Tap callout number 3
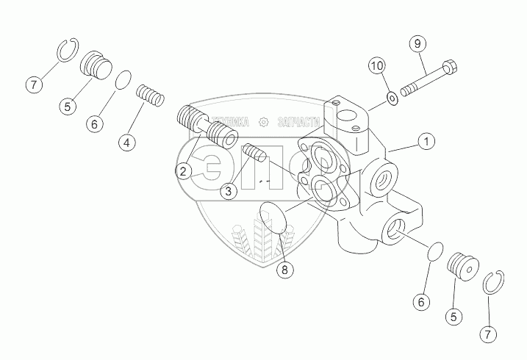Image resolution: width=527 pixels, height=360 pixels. pyautogui.click(x=229, y=190)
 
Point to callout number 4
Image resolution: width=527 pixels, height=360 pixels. pyautogui.click(x=128, y=143)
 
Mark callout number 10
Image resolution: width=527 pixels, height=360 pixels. pyautogui.click(x=376, y=66)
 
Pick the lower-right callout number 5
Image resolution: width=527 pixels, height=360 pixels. pyautogui.click(x=453, y=317)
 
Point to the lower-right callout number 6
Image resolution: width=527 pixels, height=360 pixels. pyautogui.click(x=421, y=300)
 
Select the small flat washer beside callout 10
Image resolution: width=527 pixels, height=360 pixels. pyautogui.click(x=393, y=98)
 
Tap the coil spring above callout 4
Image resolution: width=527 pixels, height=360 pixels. pyautogui.click(x=150, y=96)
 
